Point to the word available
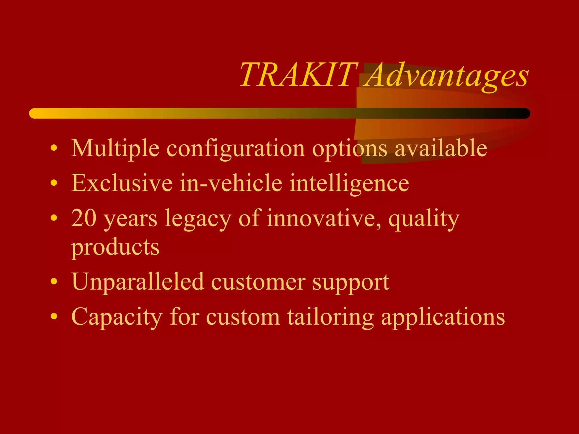pos(441,148)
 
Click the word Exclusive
pos(122,183)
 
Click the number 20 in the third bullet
pos(84,218)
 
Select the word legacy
pos(198,219)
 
